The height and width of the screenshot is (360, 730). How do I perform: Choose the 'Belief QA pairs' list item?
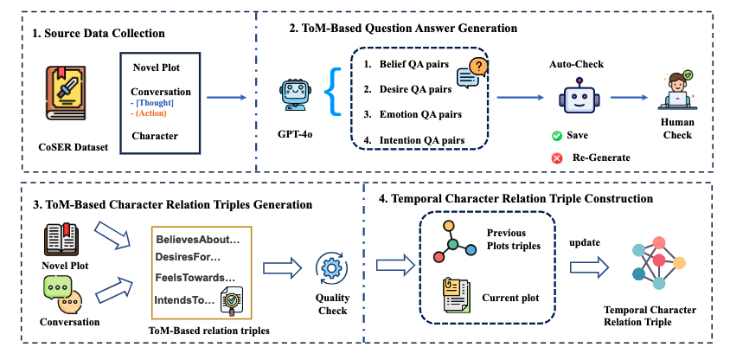(406, 65)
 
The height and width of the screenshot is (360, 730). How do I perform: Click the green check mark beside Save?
(558, 137)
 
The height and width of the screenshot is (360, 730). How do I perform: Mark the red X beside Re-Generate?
(558, 157)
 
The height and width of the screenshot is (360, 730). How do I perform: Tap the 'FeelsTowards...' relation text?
(195, 277)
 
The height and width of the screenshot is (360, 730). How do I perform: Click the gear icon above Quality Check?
(332, 270)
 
